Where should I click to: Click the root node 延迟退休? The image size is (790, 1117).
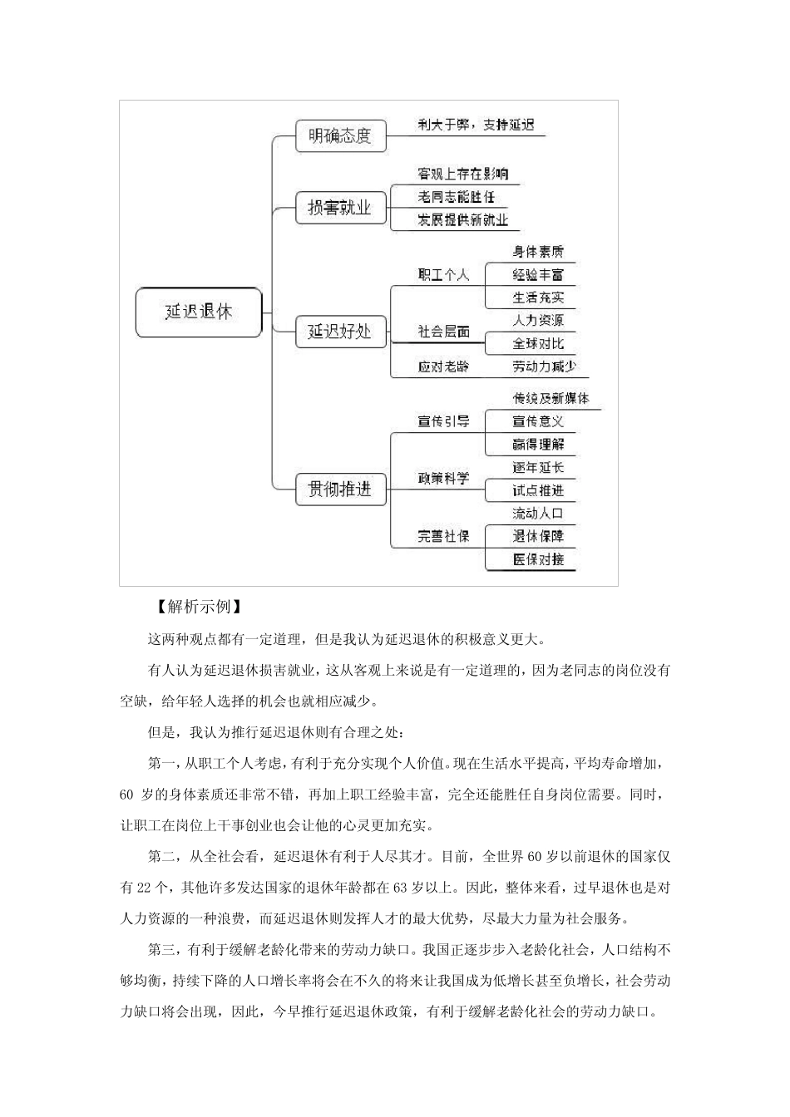point(199,312)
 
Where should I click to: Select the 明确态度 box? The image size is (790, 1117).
point(341,136)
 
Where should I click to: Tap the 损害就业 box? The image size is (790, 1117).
point(341,208)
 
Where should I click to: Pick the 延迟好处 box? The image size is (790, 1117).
point(341,332)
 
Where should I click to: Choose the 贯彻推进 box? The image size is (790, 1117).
point(341,490)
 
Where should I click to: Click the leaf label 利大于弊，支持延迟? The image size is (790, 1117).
point(476,125)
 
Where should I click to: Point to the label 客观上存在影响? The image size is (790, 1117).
point(462,174)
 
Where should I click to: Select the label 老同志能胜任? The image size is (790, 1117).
point(456,197)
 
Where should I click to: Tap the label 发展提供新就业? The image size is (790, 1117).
point(462,220)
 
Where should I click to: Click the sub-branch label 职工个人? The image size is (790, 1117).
point(443,275)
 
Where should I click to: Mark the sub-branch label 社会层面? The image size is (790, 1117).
point(443,332)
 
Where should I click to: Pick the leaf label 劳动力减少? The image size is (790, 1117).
point(544,367)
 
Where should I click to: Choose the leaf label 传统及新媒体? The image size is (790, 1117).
point(551,399)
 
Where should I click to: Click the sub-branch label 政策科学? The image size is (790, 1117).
point(443,479)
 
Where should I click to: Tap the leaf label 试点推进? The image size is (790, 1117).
point(538,490)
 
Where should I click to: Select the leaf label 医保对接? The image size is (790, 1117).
point(538,559)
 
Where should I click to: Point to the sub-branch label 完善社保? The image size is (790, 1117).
point(443,537)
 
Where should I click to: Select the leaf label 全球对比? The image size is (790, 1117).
point(538,343)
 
